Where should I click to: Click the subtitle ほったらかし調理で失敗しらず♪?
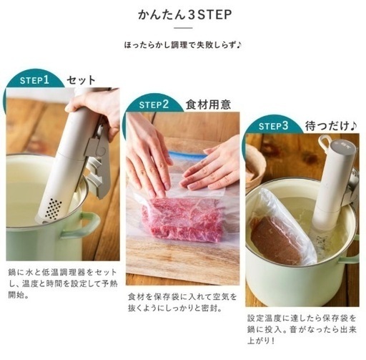coord(182,46)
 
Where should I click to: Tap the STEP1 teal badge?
coord(33,80)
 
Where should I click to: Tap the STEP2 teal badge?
coord(154,104)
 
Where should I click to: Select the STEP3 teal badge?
coord(274,126)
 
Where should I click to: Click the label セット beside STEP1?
coord(81,80)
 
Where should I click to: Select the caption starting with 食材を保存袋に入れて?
coord(182,301)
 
